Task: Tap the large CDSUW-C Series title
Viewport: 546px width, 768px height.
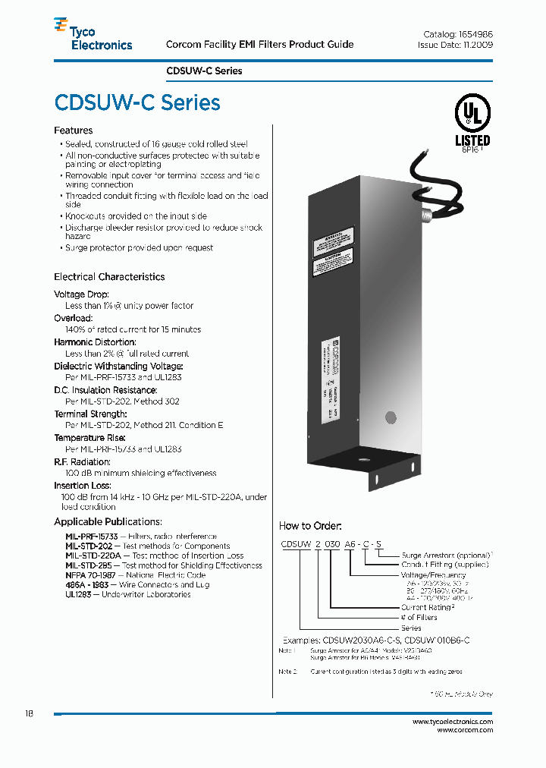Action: coord(137,102)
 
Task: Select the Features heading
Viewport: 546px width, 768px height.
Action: coord(73,131)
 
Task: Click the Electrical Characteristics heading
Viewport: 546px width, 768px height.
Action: coord(109,277)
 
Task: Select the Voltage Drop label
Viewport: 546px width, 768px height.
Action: coord(82,294)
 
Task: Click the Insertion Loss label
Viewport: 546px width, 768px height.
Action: coord(83,486)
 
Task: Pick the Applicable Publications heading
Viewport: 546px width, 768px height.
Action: coord(108,521)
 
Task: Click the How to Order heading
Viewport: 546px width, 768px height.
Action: coord(310,526)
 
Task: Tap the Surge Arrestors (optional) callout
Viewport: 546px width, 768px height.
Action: coord(446,556)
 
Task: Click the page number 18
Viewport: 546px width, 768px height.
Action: coord(29,714)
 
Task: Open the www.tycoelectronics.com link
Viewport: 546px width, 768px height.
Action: coord(453,722)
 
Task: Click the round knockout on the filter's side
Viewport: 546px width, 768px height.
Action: coord(391,417)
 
